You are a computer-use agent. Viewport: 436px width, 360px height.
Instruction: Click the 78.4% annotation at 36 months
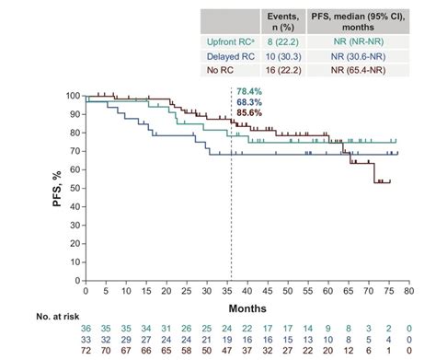tap(249, 92)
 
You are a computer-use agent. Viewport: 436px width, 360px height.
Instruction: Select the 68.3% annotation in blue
tap(249, 102)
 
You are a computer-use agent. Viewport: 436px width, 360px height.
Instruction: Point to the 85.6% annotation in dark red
tap(249, 112)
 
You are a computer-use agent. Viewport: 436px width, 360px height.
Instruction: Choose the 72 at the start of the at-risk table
tap(86, 351)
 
